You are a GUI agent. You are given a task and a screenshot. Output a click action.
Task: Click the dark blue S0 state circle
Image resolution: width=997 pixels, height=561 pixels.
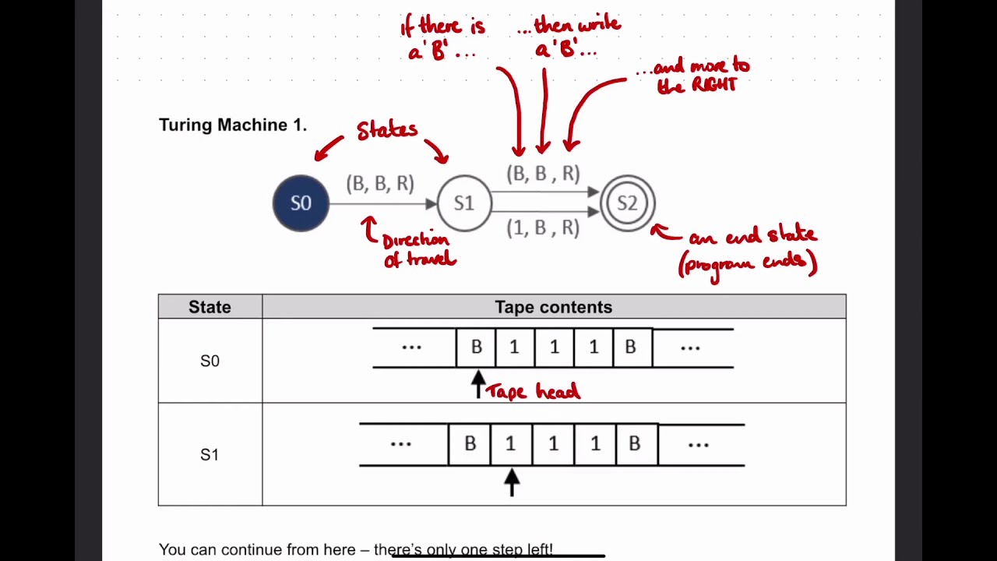click(301, 203)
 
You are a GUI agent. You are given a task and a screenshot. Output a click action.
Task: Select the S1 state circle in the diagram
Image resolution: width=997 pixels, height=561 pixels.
click(464, 203)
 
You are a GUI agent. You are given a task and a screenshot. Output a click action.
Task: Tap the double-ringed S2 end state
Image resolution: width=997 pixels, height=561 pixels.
click(627, 203)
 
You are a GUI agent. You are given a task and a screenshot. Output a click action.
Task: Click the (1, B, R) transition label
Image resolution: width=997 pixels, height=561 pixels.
click(543, 228)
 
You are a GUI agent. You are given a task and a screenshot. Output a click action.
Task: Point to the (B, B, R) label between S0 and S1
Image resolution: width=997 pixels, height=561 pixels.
click(380, 183)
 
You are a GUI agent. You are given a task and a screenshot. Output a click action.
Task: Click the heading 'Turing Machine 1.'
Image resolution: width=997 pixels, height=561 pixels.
click(232, 125)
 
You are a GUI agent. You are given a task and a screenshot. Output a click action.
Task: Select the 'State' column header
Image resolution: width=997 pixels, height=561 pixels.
click(210, 307)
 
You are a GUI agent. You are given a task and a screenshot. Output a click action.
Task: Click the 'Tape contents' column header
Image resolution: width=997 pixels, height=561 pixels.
click(553, 307)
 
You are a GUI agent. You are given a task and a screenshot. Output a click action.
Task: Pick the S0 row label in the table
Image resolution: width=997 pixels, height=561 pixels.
click(210, 361)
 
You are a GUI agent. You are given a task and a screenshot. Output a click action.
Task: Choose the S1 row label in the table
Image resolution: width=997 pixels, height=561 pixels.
click(210, 454)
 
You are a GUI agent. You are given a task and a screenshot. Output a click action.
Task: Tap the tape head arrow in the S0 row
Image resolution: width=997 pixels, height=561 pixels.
click(478, 383)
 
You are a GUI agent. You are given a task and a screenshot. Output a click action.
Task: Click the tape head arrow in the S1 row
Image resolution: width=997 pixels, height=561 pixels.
click(511, 481)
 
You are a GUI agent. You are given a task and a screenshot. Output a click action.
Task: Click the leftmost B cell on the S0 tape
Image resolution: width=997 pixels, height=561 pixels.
click(476, 348)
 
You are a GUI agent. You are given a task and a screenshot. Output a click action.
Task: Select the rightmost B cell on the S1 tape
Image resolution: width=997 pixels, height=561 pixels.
click(634, 444)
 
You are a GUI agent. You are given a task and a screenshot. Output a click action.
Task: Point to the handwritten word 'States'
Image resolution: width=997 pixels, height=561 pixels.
click(386, 130)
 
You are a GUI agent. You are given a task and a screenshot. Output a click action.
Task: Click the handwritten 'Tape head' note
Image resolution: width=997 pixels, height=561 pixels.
click(533, 392)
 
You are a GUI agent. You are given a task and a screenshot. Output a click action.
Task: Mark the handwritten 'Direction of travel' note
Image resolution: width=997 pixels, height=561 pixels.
click(417, 250)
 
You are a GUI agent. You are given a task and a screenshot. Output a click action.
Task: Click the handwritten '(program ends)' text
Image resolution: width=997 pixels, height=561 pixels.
click(748, 263)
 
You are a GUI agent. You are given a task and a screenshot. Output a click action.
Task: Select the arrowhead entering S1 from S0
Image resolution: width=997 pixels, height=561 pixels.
click(431, 203)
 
